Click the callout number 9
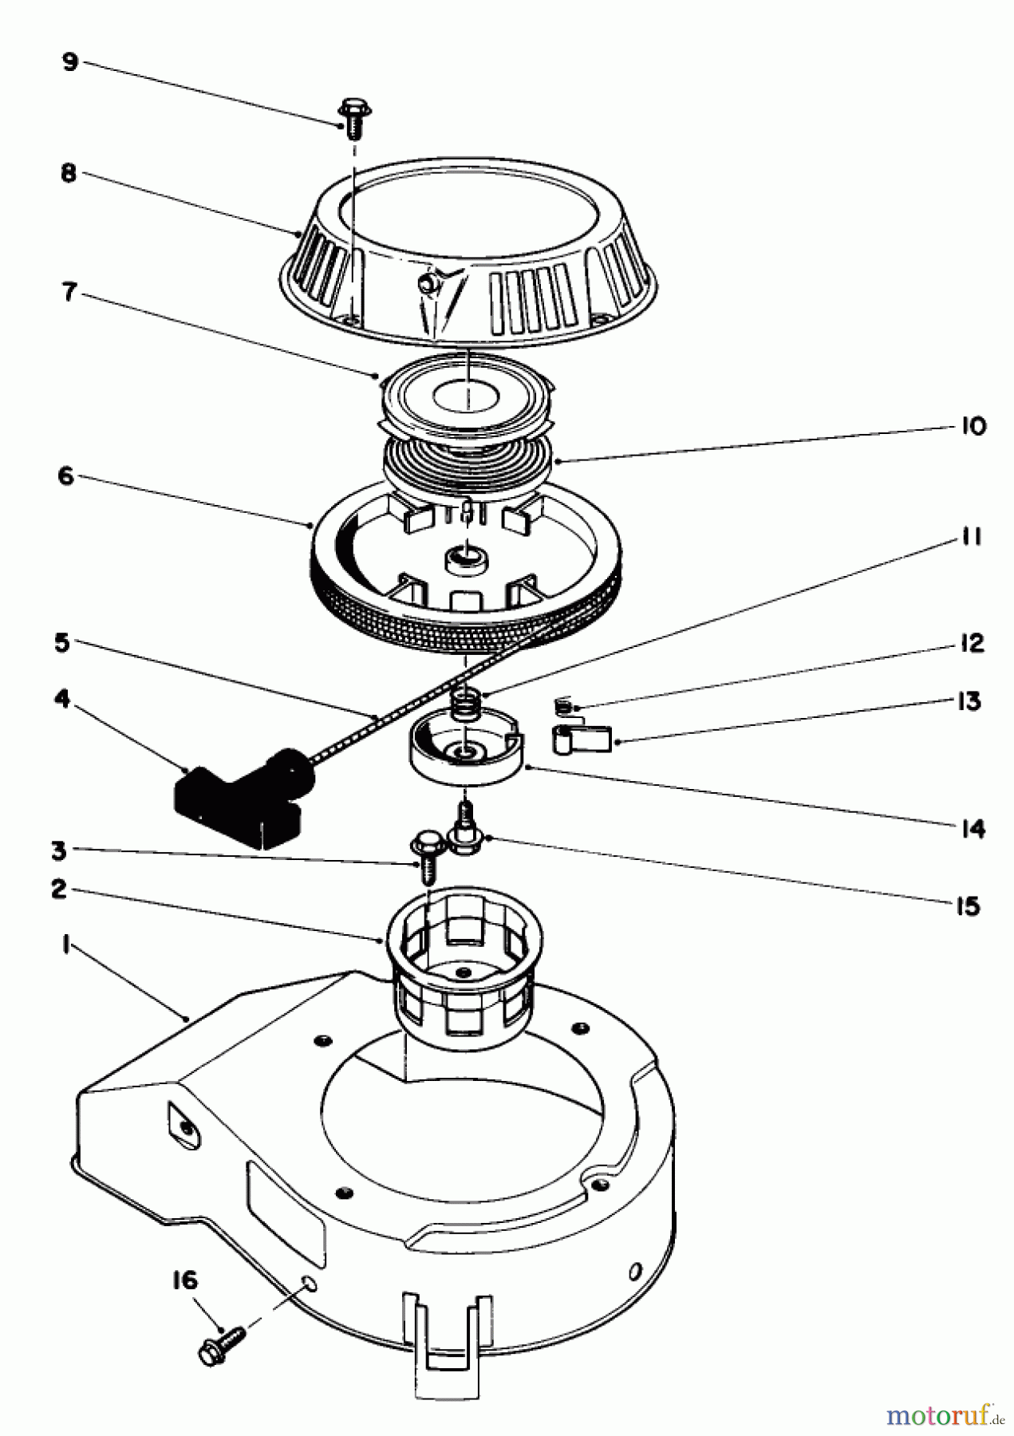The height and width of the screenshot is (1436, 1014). (70, 62)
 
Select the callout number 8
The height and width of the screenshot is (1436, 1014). (69, 172)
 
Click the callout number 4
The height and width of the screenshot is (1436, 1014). (61, 700)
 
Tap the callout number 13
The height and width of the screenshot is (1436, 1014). (969, 701)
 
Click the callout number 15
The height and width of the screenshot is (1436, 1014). (968, 906)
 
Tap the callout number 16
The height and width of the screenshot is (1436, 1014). (184, 1281)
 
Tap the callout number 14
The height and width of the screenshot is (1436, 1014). (972, 829)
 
